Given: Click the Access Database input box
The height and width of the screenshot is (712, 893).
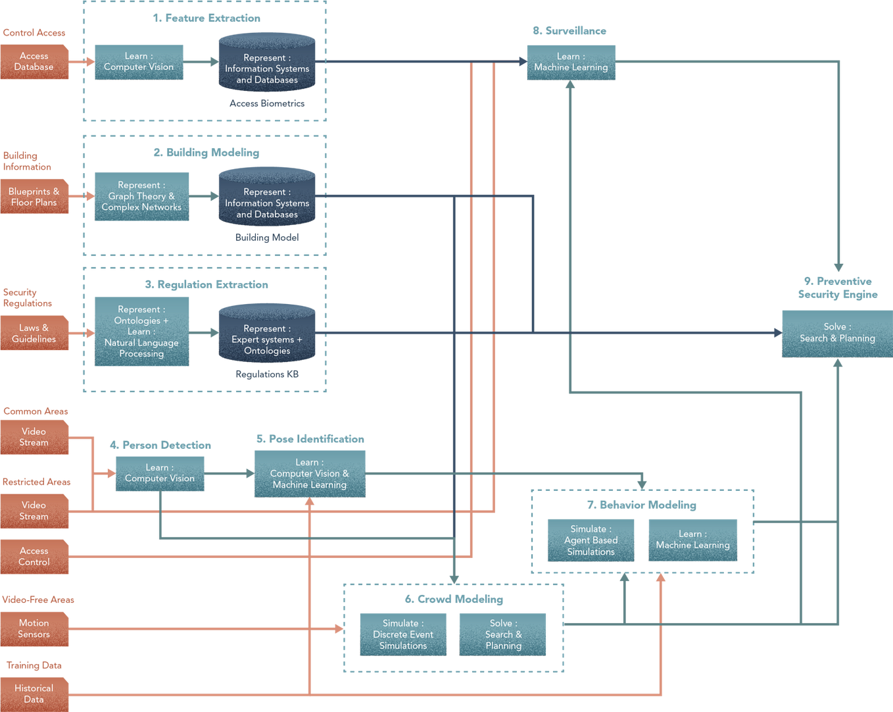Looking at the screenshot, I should pyautogui.click(x=34, y=62).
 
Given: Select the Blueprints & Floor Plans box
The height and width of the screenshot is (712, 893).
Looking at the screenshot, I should pyautogui.click(x=34, y=197).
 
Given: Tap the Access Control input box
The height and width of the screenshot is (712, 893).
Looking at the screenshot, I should pyautogui.click(x=34, y=557).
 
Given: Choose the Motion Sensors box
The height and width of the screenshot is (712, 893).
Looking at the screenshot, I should pyautogui.click(x=34, y=628).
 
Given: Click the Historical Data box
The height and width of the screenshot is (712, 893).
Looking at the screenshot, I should pyautogui.click(x=34, y=694).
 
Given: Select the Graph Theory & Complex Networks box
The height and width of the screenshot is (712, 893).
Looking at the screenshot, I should pyautogui.click(x=141, y=197).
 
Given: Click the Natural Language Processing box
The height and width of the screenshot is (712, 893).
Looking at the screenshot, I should pyautogui.click(x=141, y=331).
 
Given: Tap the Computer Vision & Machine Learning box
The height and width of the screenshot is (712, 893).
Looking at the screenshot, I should pyautogui.click(x=310, y=474).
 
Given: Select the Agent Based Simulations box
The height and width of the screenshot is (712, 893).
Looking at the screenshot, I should pyautogui.click(x=591, y=540).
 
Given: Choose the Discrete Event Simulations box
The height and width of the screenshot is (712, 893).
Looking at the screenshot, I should pyautogui.click(x=403, y=634).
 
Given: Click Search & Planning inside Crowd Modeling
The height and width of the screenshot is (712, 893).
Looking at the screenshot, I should pyautogui.click(x=503, y=634).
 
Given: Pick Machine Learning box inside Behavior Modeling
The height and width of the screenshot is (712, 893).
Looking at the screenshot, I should pyautogui.click(x=692, y=540).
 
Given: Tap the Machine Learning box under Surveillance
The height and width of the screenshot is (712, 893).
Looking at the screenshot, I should pyautogui.click(x=571, y=63).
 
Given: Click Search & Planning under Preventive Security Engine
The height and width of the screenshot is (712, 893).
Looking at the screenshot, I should pyautogui.click(x=836, y=334).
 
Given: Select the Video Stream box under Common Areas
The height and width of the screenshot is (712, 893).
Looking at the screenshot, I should pyautogui.click(x=34, y=438).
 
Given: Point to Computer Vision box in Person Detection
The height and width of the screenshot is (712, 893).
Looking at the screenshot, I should pyautogui.click(x=160, y=474).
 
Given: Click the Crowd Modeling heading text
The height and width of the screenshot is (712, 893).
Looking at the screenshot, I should pyautogui.click(x=454, y=599).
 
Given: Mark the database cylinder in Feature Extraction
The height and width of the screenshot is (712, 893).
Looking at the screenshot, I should pyautogui.click(x=267, y=64).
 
